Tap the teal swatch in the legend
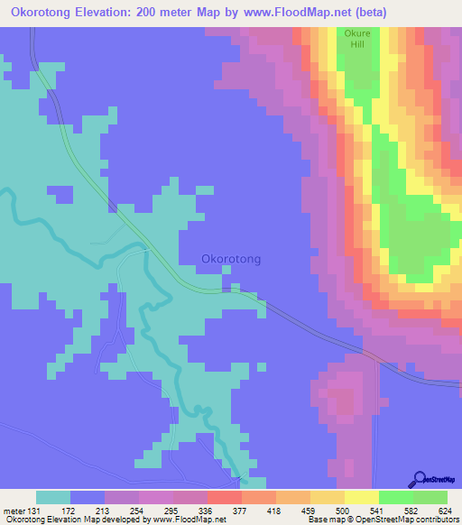point(53,497)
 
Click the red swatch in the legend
point(225,497)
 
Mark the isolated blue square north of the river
point(60,194)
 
